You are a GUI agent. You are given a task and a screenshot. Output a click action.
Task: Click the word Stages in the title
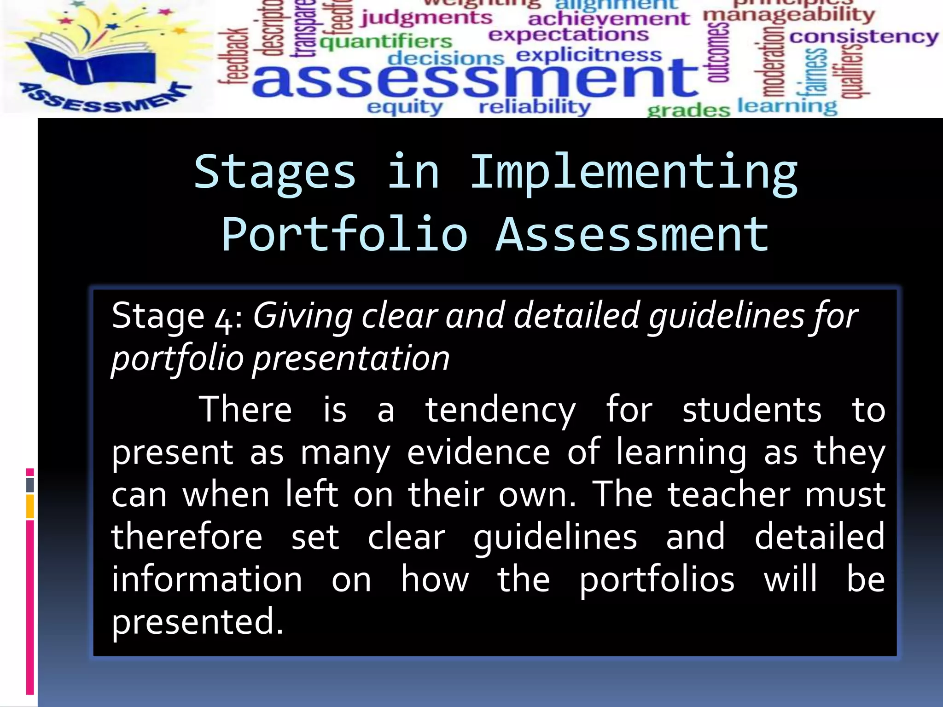pos(275,173)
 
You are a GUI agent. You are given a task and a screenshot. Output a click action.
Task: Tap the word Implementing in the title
pos(634,173)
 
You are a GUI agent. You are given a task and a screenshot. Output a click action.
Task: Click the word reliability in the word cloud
pos(534,107)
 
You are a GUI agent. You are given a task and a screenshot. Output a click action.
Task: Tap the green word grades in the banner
pos(688,110)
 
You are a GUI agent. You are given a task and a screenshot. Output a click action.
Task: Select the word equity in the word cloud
pos(405,107)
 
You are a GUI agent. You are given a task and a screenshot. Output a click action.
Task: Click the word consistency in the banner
pos(864,37)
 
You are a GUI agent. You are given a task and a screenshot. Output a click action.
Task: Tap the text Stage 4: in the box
pos(177,317)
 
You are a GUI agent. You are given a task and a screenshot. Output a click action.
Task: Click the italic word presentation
pos(351,359)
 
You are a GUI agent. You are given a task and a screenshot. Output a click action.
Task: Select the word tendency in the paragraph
pos(500,410)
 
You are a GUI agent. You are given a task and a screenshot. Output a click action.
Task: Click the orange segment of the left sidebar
pos(30,506)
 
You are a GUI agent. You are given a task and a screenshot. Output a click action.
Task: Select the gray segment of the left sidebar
pos(30,485)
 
